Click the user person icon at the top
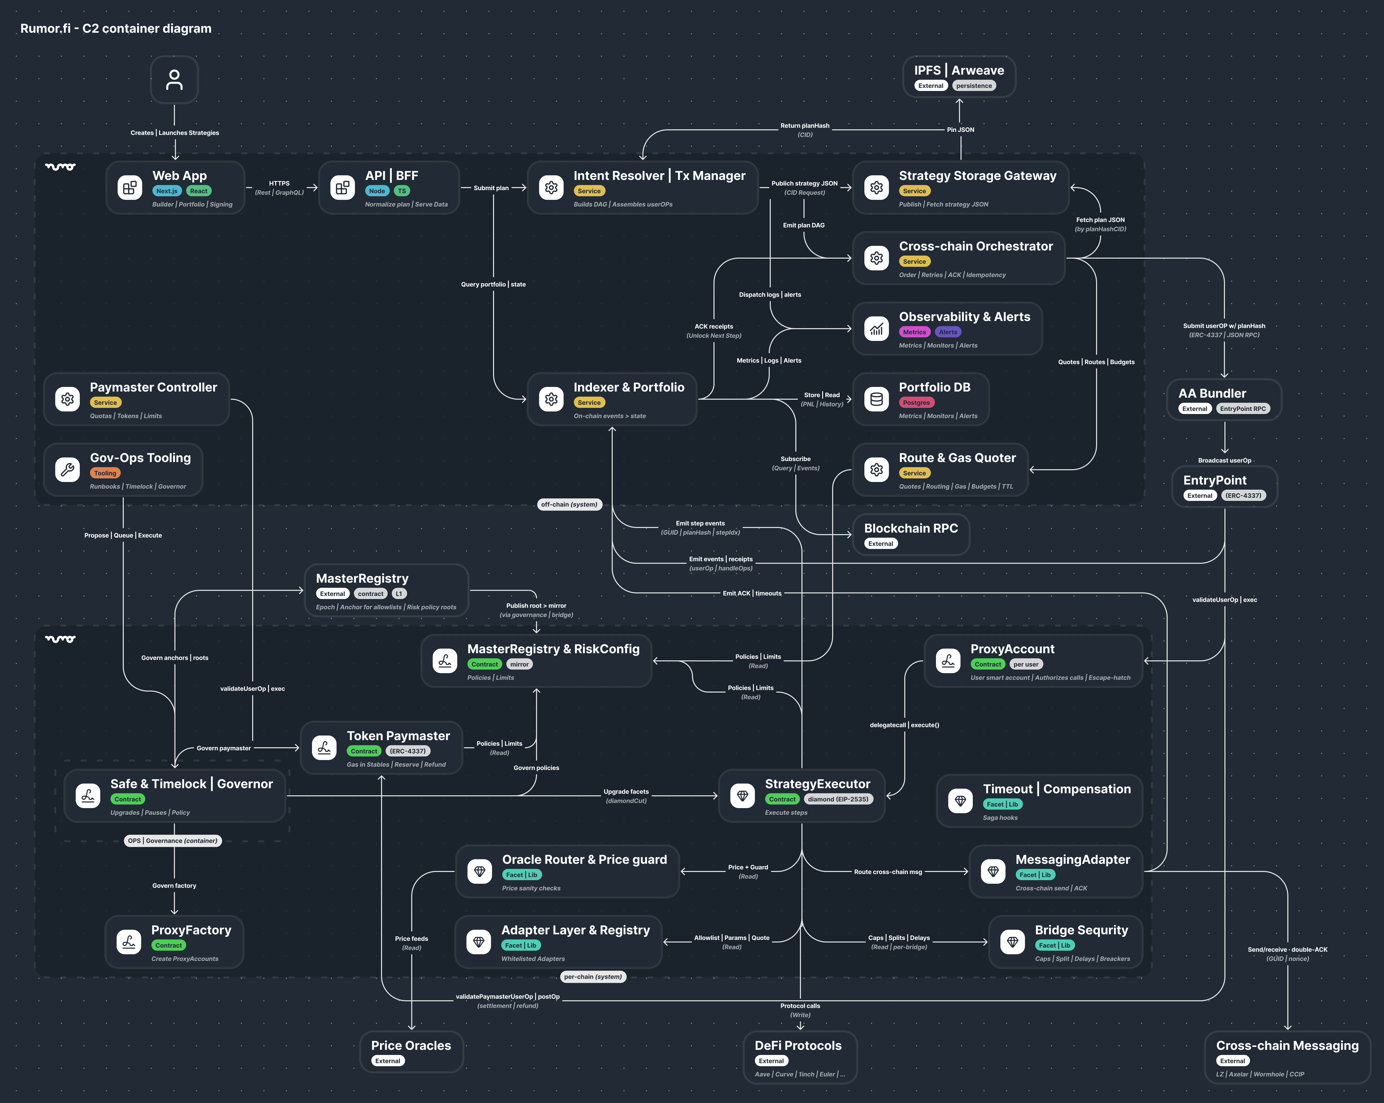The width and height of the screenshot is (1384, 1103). point(174,79)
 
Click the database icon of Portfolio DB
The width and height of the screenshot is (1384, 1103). point(876,399)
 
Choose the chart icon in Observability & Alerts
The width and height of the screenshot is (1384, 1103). point(876,329)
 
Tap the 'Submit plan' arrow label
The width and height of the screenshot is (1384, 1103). point(491,188)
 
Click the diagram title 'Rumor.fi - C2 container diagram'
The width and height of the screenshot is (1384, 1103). point(116,28)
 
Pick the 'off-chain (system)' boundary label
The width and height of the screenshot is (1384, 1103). point(569,504)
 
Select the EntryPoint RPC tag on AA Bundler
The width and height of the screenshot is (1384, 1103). point(1243,409)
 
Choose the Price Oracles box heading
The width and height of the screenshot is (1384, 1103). point(411,1045)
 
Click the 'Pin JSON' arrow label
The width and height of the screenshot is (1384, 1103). point(960,130)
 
